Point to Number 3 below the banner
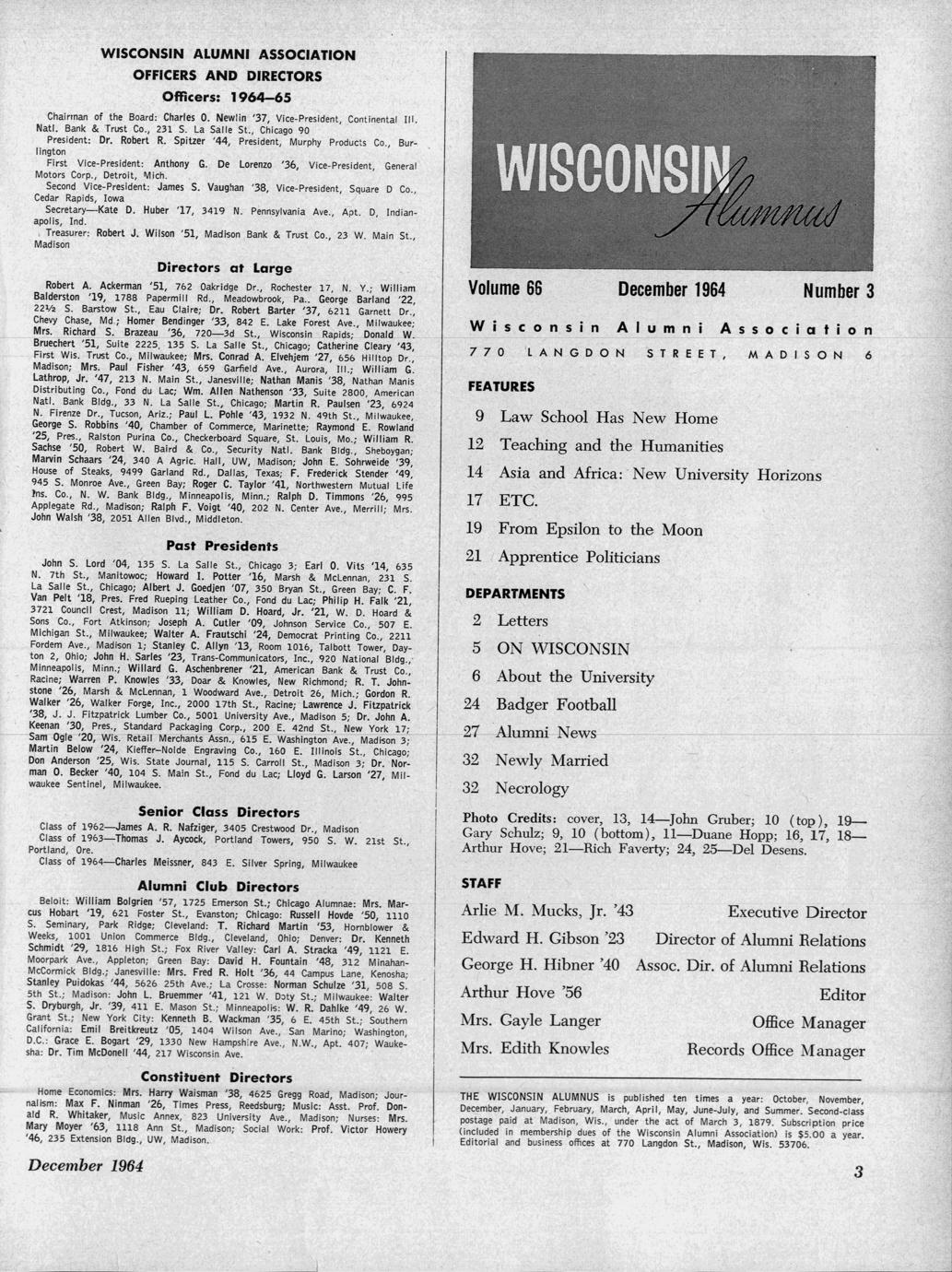[x=838, y=292]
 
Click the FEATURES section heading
[x=500, y=386]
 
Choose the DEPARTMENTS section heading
[x=515, y=594]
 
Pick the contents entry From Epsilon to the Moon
[x=600, y=530]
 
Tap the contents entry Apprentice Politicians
[x=580, y=558]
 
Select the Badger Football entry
[x=556, y=705]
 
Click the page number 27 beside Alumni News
[x=473, y=733]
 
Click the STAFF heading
[x=480, y=883]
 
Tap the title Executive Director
[x=796, y=913]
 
